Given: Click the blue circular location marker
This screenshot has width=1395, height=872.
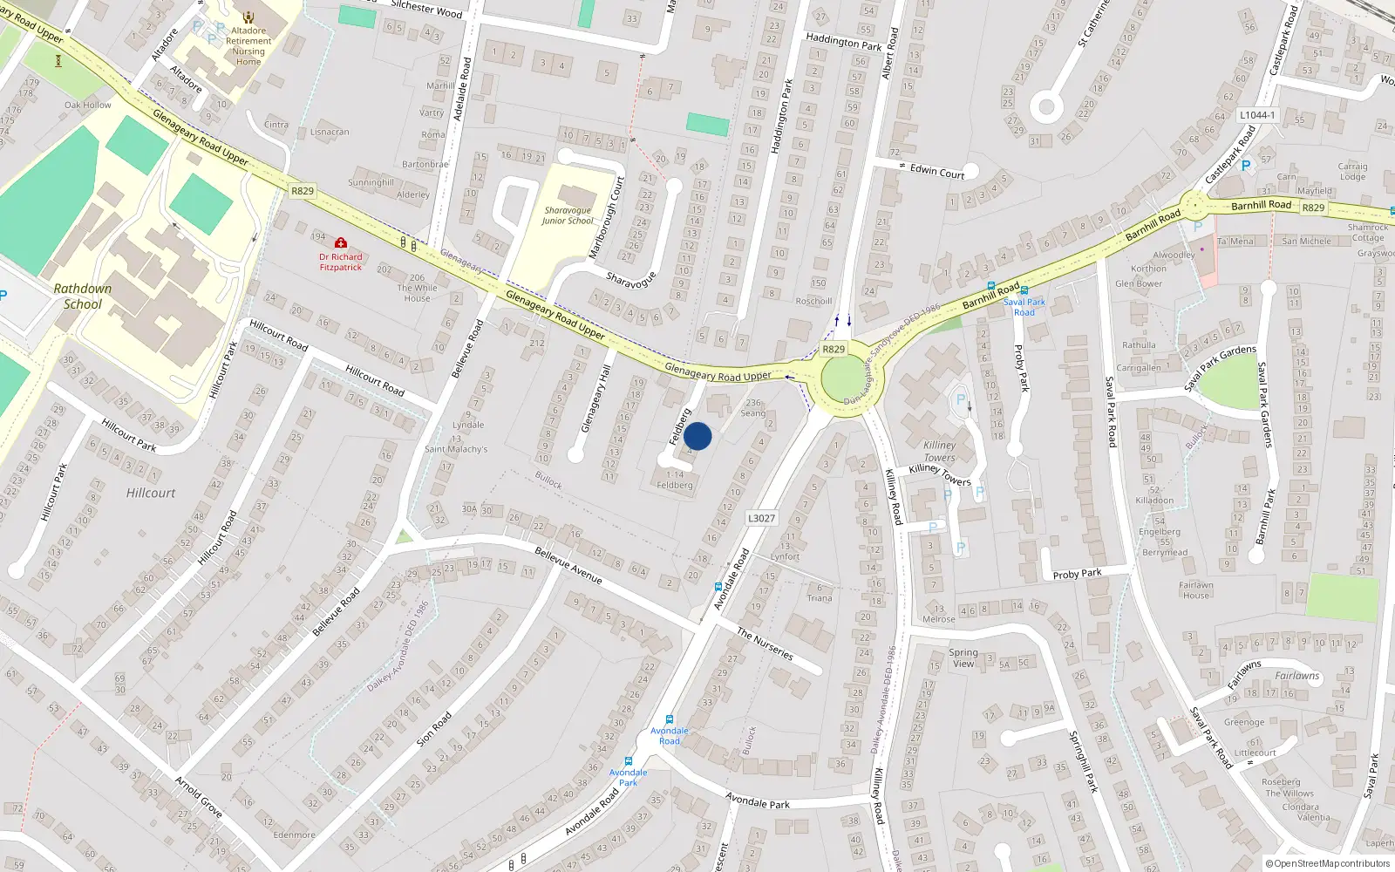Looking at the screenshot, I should point(697,436).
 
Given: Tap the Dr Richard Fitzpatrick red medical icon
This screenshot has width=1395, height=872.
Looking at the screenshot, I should point(341,242).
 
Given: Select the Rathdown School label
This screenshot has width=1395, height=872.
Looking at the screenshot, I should point(83,296).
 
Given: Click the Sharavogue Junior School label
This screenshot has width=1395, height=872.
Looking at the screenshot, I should point(568,215).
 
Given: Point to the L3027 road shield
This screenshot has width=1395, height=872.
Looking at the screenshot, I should point(761,518).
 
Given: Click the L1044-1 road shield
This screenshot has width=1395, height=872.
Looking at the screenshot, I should point(1257,115).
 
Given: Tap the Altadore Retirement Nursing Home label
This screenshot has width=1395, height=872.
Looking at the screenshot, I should point(248,46).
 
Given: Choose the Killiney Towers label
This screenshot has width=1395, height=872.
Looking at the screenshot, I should point(939,451).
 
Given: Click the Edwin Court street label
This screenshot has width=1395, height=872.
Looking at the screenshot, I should point(937,171).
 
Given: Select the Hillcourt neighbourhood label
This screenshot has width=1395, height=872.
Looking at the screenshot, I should point(151,493).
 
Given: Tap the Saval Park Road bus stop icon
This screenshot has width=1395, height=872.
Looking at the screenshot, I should point(1024,290).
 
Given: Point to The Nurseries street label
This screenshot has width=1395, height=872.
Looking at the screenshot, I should point(765,644).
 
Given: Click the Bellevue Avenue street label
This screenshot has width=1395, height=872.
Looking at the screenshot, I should point(568,565).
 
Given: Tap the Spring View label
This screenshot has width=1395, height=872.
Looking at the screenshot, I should point(963,657).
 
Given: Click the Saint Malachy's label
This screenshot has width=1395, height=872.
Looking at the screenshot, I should point(456,449).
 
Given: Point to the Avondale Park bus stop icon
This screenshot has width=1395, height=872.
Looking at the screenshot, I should point(628,761).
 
